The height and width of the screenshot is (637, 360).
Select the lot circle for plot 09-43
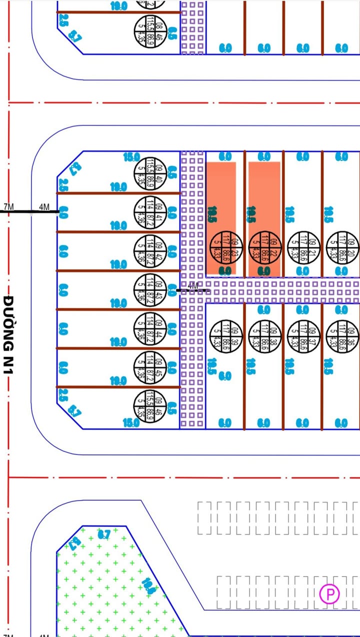pos(149,289)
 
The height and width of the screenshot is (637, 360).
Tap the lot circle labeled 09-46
pos(149,405)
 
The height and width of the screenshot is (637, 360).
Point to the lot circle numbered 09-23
pos(225,246)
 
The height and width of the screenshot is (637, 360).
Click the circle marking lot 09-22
pos(265,246)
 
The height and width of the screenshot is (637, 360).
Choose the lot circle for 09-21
pos(303,246)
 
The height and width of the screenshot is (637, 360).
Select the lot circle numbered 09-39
pos(225,335)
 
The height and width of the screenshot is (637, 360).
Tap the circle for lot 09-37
pos(303,335)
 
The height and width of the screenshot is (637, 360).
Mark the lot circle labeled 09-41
pos(149,212)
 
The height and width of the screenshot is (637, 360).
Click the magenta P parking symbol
pos(329,594)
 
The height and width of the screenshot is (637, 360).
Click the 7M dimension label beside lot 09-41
pos(9,207)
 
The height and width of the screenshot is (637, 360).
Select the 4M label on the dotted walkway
pos(192,286)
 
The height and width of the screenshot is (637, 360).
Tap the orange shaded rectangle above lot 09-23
pos(221,195)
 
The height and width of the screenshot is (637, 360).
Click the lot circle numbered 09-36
pos(342,335)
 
